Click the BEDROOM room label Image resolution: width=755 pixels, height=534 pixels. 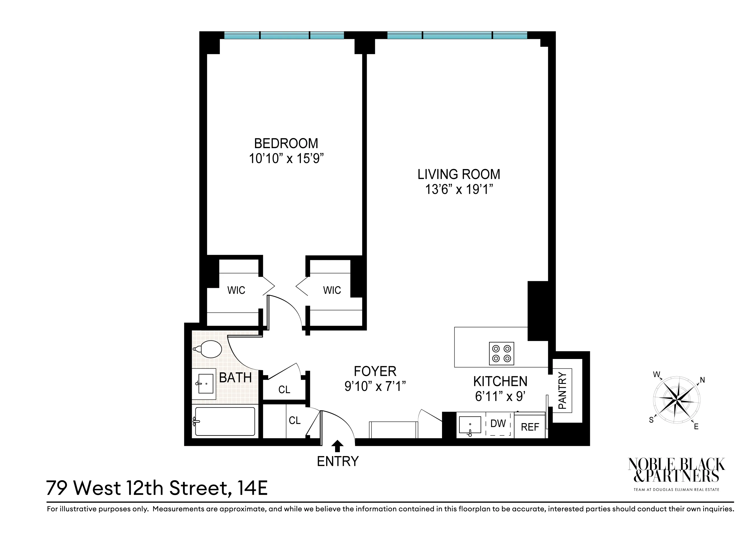286,143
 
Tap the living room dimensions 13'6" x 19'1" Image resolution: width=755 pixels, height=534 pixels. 459,190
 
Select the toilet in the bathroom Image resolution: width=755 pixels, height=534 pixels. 209,349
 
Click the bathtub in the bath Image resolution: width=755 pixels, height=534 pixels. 225,421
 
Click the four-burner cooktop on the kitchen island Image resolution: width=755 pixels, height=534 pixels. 501,353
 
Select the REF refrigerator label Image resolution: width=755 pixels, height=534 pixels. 530,427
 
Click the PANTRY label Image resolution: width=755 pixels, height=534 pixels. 563,391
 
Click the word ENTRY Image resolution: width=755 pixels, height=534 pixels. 338,462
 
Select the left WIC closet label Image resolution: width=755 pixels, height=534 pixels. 236,290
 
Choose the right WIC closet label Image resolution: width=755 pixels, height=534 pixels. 332,290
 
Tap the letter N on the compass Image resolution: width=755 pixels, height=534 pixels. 702,380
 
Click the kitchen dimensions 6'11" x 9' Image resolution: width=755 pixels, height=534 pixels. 500,397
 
